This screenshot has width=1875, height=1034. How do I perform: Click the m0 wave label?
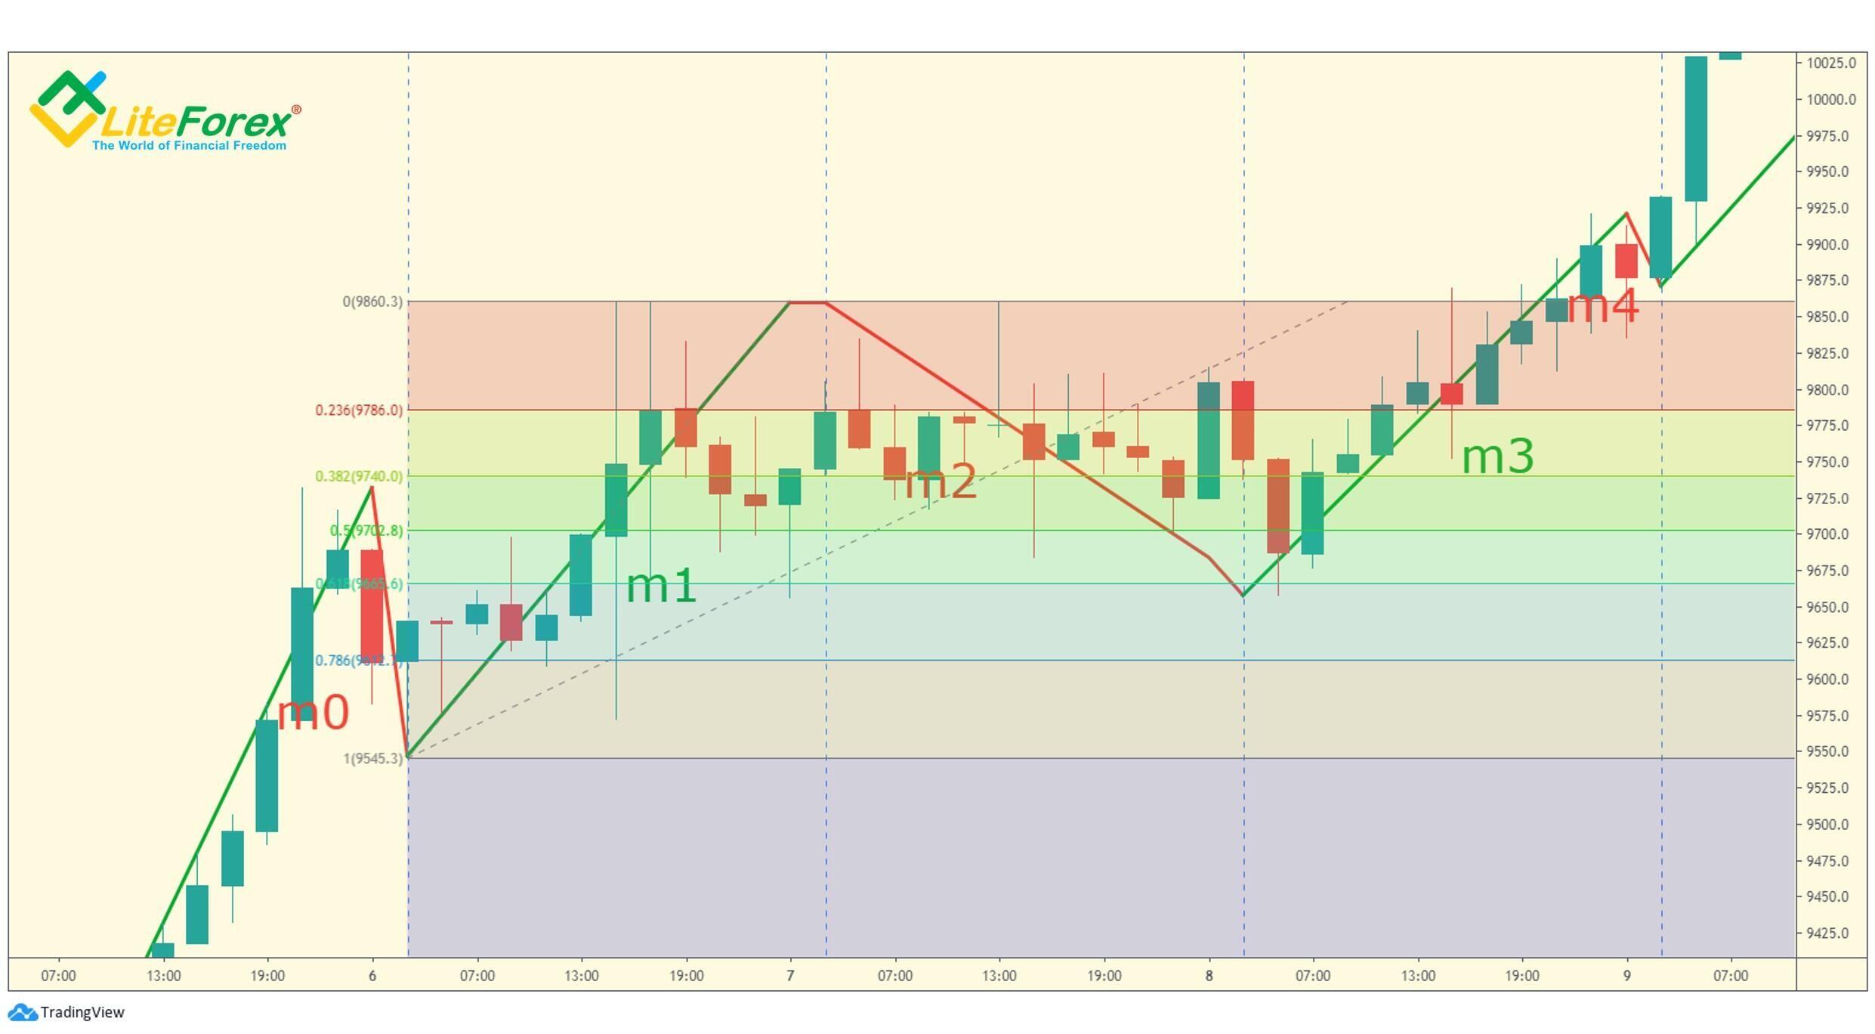313,712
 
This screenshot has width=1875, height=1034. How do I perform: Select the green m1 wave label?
661,586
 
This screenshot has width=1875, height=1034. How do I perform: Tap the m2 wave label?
941,481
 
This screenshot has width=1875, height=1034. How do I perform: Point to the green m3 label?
1497,457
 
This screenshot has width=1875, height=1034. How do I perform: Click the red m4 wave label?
1603,306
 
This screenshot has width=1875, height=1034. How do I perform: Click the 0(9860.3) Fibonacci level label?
372,302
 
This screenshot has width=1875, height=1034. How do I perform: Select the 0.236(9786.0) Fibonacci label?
359,410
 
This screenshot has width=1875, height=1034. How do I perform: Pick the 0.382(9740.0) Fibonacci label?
359,476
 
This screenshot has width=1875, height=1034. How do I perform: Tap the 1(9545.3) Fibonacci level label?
373,758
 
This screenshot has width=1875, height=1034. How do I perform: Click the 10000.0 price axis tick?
1830,100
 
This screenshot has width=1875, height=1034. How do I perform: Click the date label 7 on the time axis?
790,976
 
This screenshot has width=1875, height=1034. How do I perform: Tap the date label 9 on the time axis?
1626,976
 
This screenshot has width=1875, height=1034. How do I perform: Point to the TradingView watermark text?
82,1013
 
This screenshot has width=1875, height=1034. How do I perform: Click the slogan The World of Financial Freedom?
189,145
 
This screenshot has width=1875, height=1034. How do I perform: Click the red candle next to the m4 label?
1626,261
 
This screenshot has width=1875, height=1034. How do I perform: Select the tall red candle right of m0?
372,605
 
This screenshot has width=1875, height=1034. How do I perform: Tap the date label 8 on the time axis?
1209,976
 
